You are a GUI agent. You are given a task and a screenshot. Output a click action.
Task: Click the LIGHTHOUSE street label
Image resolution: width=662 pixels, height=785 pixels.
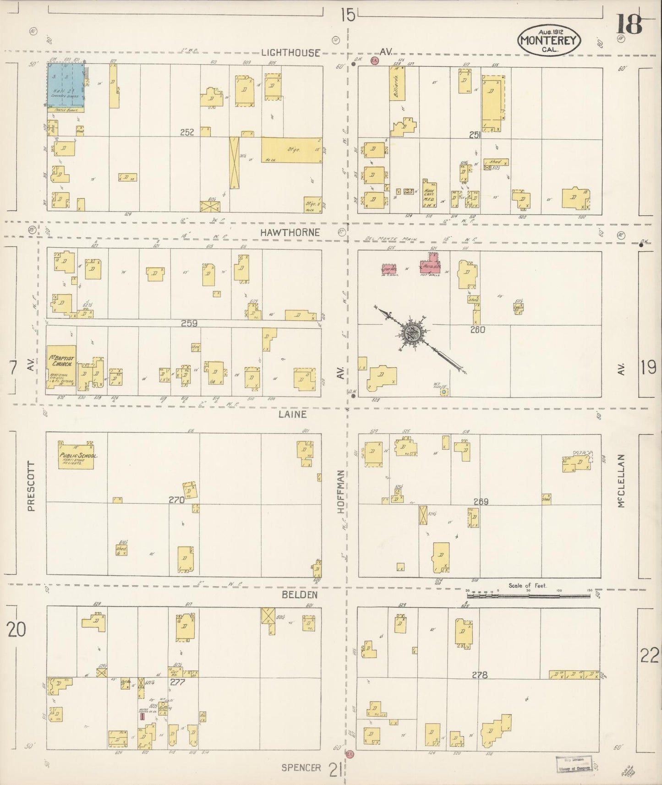click(290, 53)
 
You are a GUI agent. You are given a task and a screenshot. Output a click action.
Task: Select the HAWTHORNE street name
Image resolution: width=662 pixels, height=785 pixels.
click(290, 233)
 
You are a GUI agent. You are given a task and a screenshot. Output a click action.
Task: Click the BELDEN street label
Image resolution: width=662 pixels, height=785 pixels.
click(294, 594)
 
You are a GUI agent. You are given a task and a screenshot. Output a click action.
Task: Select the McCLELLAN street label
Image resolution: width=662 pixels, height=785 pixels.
click(621, 481)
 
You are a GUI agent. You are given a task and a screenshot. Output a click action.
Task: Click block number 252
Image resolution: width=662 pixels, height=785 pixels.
click(187, 132)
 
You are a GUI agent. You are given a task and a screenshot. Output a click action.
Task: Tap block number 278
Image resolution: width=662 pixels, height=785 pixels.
click(479, 675)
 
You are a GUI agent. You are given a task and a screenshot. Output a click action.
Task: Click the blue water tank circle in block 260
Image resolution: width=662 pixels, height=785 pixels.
click(443, 392)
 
